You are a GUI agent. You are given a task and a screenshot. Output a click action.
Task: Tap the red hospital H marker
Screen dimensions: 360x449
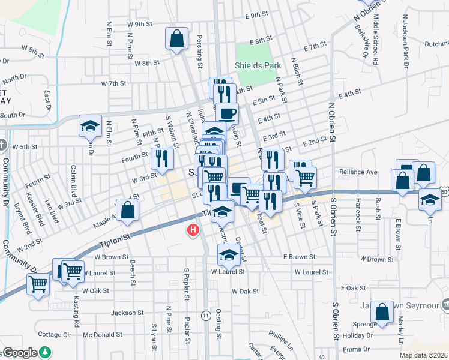193,230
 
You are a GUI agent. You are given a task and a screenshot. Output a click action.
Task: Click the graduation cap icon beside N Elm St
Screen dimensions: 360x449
89,125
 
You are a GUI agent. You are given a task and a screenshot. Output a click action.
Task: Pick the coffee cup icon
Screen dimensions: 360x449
227,112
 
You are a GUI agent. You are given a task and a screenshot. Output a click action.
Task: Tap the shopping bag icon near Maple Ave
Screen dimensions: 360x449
128,210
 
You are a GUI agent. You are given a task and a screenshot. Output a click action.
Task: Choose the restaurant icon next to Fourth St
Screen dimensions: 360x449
162,158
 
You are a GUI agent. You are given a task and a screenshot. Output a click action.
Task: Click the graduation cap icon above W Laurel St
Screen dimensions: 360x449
228,256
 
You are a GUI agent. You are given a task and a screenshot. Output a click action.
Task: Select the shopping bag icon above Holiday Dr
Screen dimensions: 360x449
382,311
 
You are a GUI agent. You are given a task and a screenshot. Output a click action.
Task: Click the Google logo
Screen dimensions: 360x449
20,353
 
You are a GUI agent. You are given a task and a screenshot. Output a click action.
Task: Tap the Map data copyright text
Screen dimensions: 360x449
423,355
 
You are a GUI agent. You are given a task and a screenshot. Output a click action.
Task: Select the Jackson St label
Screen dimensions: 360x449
127,313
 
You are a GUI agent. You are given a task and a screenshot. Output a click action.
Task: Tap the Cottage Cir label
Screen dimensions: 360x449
55,334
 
